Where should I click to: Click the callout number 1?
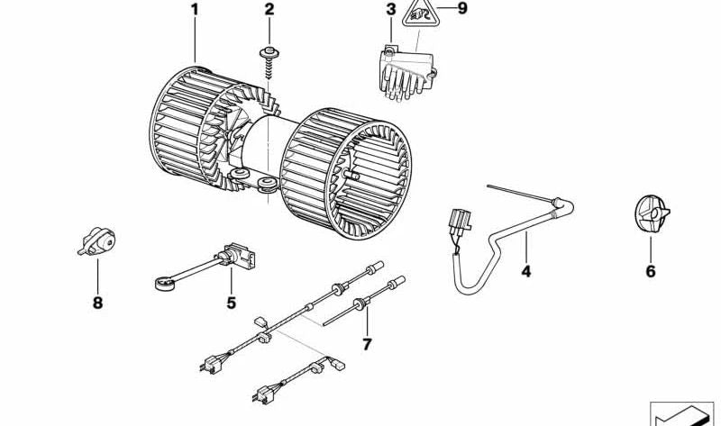point(193,11)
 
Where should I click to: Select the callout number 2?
point(269,11)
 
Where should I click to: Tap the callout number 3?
point(390,11)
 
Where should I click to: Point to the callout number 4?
point(526,269)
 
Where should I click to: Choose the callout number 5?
point(231,304)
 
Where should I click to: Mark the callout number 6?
point(651,270)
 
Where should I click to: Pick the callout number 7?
point(367,343)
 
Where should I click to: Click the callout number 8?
point(97,304)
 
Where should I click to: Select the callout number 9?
point(462,11)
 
